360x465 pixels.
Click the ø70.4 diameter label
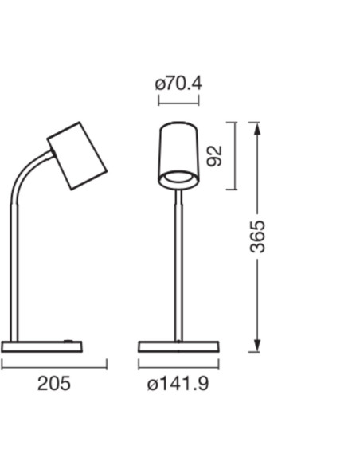click(178, 84)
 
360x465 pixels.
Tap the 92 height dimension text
click(214, 156)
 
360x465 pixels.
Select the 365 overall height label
click(257, 236)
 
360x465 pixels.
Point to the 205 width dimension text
click(54, 383)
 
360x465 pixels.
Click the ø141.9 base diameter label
click(178, 384)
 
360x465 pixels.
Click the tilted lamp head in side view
click(77, 156)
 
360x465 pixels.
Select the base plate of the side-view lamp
click(41, 346)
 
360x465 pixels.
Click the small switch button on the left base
click(68, 341)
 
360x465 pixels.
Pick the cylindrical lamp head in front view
click(178, 156)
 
